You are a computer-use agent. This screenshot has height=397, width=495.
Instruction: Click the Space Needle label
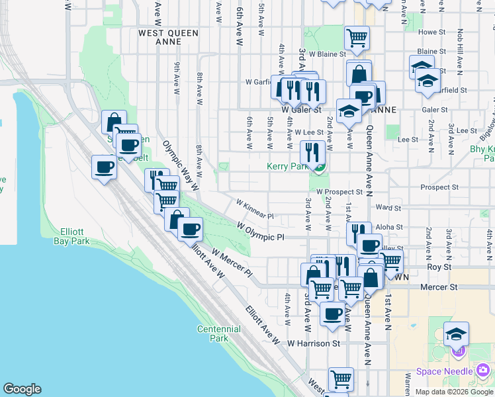[446, 371]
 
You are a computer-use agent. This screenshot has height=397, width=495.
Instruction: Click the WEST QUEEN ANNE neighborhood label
[164, 36]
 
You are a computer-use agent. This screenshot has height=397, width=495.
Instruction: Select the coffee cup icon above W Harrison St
[333, 313]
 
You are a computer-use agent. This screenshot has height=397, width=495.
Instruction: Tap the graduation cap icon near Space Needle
[456, 333]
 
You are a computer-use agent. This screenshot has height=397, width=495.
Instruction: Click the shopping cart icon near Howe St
[357, 38]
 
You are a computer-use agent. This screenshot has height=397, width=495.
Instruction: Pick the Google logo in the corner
[22, 389]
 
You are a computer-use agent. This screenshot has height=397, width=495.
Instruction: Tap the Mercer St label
[444, 287]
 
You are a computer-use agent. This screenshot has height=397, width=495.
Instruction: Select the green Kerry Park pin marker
[319, 167]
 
